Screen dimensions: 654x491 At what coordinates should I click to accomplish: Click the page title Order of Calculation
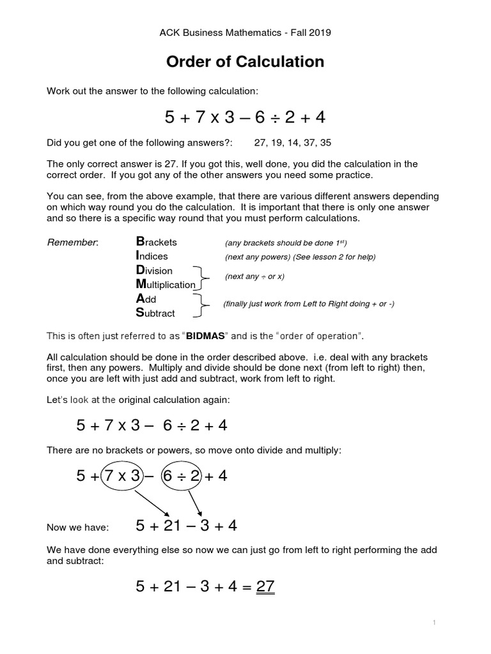point(245,62)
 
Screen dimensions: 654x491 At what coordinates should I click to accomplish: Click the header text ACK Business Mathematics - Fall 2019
point(245,31)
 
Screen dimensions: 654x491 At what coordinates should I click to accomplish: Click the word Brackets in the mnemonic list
point(157,242)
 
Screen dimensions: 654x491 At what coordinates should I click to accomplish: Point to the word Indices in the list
point(152,256)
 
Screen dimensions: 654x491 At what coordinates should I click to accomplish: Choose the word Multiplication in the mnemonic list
point(166,284)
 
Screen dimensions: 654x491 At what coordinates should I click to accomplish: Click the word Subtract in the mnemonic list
point(155,313)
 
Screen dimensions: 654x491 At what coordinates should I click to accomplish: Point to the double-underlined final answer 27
point(265,586)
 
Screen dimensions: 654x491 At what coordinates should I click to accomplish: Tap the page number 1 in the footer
point(435,622)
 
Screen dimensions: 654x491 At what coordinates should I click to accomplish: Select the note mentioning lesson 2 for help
point(300,257)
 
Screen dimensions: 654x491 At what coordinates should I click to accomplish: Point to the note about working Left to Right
point(308,304)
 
